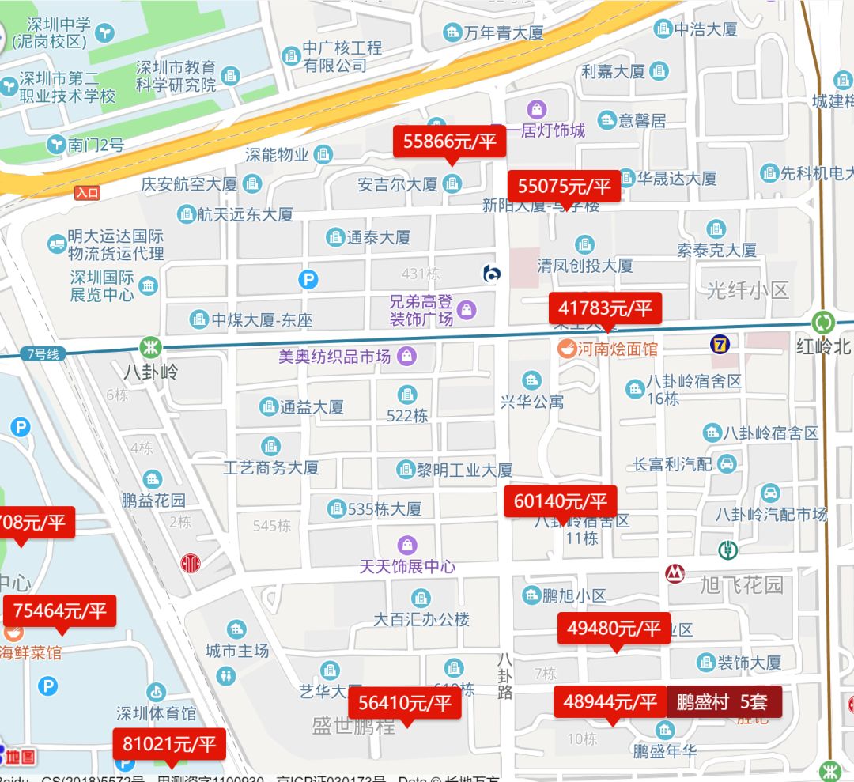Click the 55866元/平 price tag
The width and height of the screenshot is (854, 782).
[450, 142]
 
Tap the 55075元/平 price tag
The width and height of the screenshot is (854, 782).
[565, 187]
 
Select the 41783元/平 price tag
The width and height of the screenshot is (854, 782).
[606, 308]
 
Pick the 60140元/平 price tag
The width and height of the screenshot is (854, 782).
[560, 501]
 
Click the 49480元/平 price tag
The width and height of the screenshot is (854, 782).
[614, 629]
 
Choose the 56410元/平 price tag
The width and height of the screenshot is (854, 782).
[405, 703]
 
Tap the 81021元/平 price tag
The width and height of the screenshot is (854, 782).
[169, 744]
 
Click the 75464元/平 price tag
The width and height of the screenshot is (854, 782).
[60, 611]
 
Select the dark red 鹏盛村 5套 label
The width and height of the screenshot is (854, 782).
[724, 701]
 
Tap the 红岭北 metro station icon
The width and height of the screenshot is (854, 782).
[823, 323]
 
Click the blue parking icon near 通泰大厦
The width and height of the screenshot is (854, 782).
[308, 279]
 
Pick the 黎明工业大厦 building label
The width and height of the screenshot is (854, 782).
[465, 470]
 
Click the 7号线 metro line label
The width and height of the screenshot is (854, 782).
[43, 354]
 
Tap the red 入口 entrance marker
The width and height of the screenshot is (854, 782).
[87, 192]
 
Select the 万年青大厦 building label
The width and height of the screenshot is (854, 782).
[503, 32]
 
